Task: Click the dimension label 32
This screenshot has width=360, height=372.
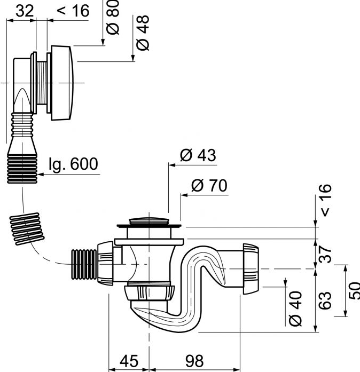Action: click(24, 10)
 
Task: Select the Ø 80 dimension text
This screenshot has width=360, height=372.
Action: click(113, 19)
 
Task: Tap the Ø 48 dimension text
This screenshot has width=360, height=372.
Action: click(142, 33)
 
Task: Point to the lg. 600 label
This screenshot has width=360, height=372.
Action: click(73, 164)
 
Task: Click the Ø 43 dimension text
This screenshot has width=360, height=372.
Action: click(198, 155)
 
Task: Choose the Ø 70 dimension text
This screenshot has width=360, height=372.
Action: click(209, 186)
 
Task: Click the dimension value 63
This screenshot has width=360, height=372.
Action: click(325, 300)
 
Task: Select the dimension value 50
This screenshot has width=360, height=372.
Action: click(352, 291)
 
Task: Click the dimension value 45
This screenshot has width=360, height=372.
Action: click(128, 361)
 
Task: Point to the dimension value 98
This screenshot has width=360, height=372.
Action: click(194, 361)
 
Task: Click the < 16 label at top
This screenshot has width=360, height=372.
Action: click(72, 10)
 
